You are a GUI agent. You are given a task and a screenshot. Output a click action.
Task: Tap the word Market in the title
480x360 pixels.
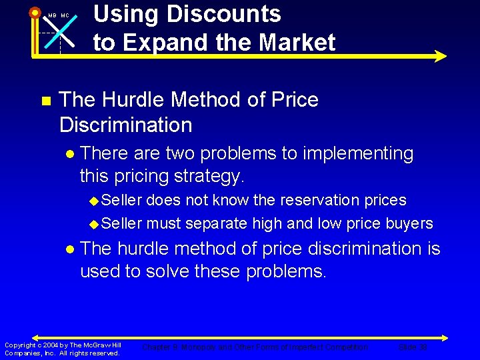coord(297,43)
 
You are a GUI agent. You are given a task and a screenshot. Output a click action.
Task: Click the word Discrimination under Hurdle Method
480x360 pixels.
coord(125,125)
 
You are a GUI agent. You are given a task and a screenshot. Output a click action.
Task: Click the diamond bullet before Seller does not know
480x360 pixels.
coord(94,201)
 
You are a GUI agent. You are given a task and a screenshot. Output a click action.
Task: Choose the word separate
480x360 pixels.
coord(217,223)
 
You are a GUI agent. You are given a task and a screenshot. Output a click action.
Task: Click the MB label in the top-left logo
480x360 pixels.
coord(53,15)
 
